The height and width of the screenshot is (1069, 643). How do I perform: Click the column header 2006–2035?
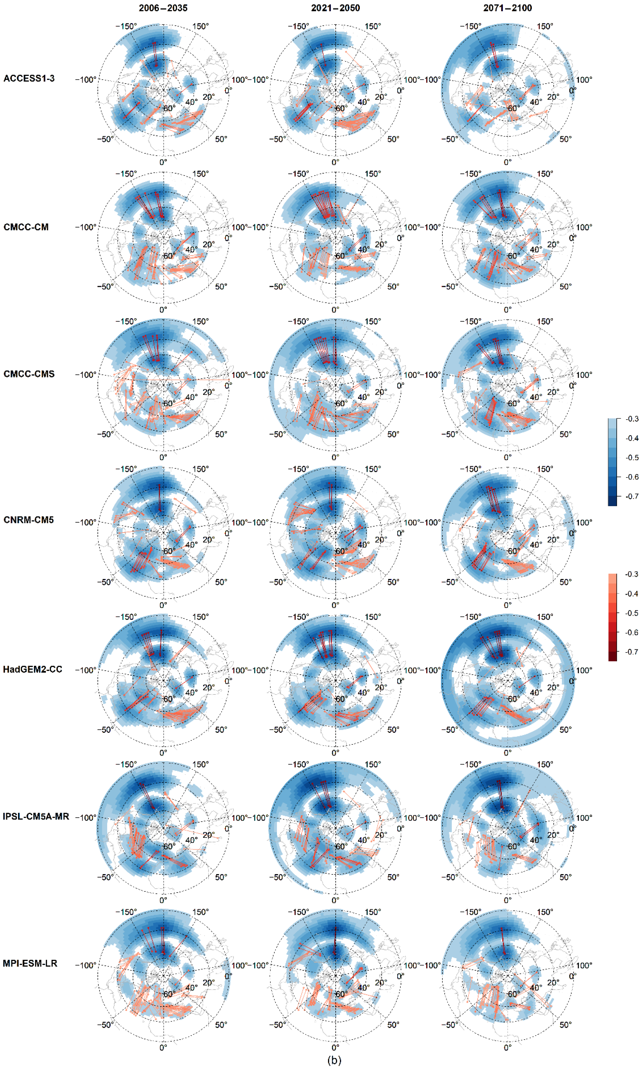pyautogui.click(x=163, y=8)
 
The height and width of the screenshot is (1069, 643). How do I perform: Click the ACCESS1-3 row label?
pyautogui.click(x=29, y=78)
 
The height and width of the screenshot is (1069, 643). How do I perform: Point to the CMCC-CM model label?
pyautogui.click(x=26, y=227)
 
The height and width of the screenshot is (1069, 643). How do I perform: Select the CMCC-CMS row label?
pyautogui.click(x=29, y=374)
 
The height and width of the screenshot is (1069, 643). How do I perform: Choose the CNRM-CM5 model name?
pyautogui.click(x=29, y=520)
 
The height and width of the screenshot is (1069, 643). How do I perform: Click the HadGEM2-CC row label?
pyautogui.click(x=32, y=669)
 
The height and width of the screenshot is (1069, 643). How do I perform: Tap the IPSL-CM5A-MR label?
pyautogui.click(x=36, y=816)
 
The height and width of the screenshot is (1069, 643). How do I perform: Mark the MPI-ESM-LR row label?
pyautogui.click(x=30, y=963)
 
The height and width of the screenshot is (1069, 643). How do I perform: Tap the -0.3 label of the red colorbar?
pyautogui.click(x=632, y=574)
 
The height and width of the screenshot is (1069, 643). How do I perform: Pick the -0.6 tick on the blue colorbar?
pyautogui.click(x=632, y=477)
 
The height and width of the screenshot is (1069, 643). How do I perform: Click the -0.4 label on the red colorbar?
pyautogui.click(x=632, y=594)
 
